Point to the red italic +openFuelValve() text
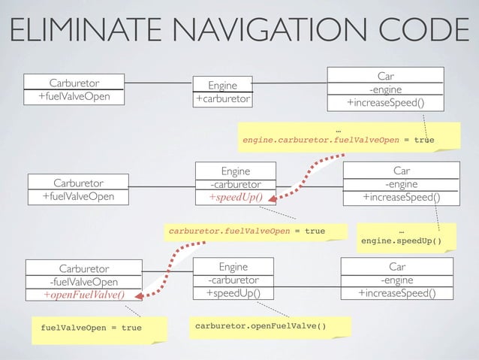[x=83, y=295]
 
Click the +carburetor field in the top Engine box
[x=223, y=99]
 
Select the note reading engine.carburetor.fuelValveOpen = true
[x=337, y=139]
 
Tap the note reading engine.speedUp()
[x=401, y=241]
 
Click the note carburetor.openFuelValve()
[x=261, y=326]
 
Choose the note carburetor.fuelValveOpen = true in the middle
[x=246, y=230]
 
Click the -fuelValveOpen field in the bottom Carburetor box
[x=83, y=282]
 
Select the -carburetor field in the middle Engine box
[x=236, y=184]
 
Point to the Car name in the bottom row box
[x=397, y=267]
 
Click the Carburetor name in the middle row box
[x=79, y=183]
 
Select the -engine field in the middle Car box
[x=401, y=184]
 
